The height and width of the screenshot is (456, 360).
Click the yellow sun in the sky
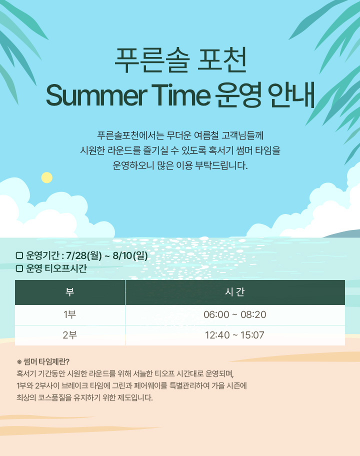click(47, 177)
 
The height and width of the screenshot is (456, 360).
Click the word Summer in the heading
click(96, 95)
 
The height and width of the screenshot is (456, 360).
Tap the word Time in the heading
click(180, 95)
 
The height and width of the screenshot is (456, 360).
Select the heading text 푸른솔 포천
click(180, 60)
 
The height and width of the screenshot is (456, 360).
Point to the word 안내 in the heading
click(291, 95)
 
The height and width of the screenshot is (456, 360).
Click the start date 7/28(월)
click(84, 255)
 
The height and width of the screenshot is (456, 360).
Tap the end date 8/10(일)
click(130, 255)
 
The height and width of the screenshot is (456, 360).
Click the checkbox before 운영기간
click(19, 255)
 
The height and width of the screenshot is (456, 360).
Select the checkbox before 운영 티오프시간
click(19, 268)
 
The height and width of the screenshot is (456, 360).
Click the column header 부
click(70, 291)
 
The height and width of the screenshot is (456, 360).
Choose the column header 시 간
click(234, 291)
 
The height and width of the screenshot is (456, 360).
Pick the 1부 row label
click(70, 314)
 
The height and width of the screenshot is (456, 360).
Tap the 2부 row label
click(70, 335)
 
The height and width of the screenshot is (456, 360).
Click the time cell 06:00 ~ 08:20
click(234, 314)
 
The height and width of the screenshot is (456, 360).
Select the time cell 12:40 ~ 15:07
click(234, 335)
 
